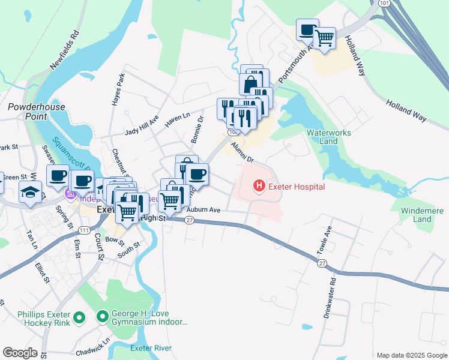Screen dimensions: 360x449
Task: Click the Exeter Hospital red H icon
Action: [259, 186]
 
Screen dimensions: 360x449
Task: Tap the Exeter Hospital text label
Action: [297, 187]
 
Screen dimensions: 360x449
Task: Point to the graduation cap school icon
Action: [29, 193]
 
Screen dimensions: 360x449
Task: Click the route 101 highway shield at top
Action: [384, 3]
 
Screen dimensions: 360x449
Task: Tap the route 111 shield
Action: [84, 231]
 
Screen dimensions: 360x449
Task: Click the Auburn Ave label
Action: [203, 210]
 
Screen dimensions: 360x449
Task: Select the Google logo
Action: [20, 353]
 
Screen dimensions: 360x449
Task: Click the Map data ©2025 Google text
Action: [411, 355]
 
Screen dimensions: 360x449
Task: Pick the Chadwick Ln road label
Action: [98, 346]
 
